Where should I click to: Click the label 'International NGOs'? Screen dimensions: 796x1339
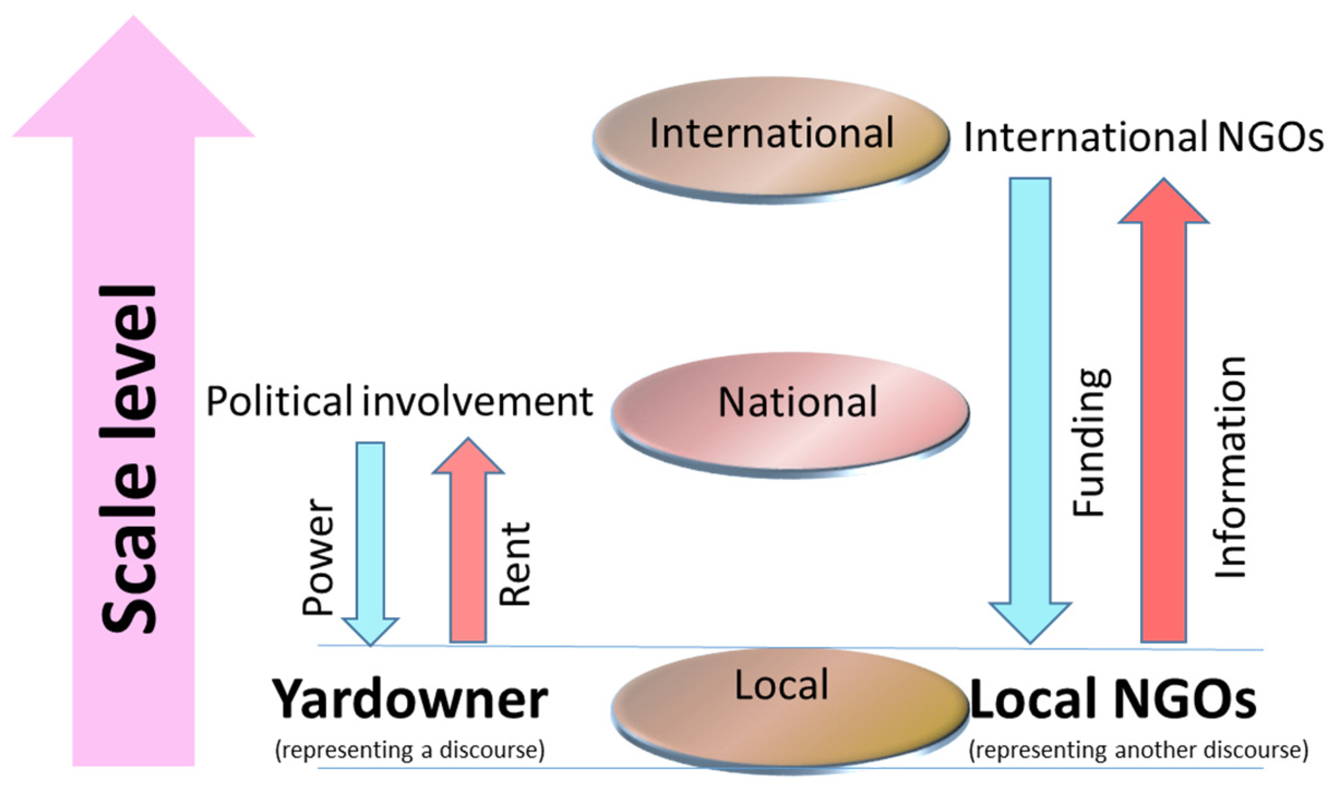[1143, 137]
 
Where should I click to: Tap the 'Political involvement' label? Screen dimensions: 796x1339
[399, 402]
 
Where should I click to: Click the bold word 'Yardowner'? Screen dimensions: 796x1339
[410, 700]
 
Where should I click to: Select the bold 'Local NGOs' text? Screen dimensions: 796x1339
[1113, 699]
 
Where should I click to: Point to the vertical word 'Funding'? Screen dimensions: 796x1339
[1091, 442]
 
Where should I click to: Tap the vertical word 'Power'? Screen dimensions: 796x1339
[318, 557]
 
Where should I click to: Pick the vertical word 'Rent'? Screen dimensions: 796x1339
[515, 565]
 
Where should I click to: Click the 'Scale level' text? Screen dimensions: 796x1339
[129, 458]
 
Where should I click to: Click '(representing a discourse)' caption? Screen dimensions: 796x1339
[410, 750]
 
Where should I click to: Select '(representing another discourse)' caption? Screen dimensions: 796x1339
[1138, 750]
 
